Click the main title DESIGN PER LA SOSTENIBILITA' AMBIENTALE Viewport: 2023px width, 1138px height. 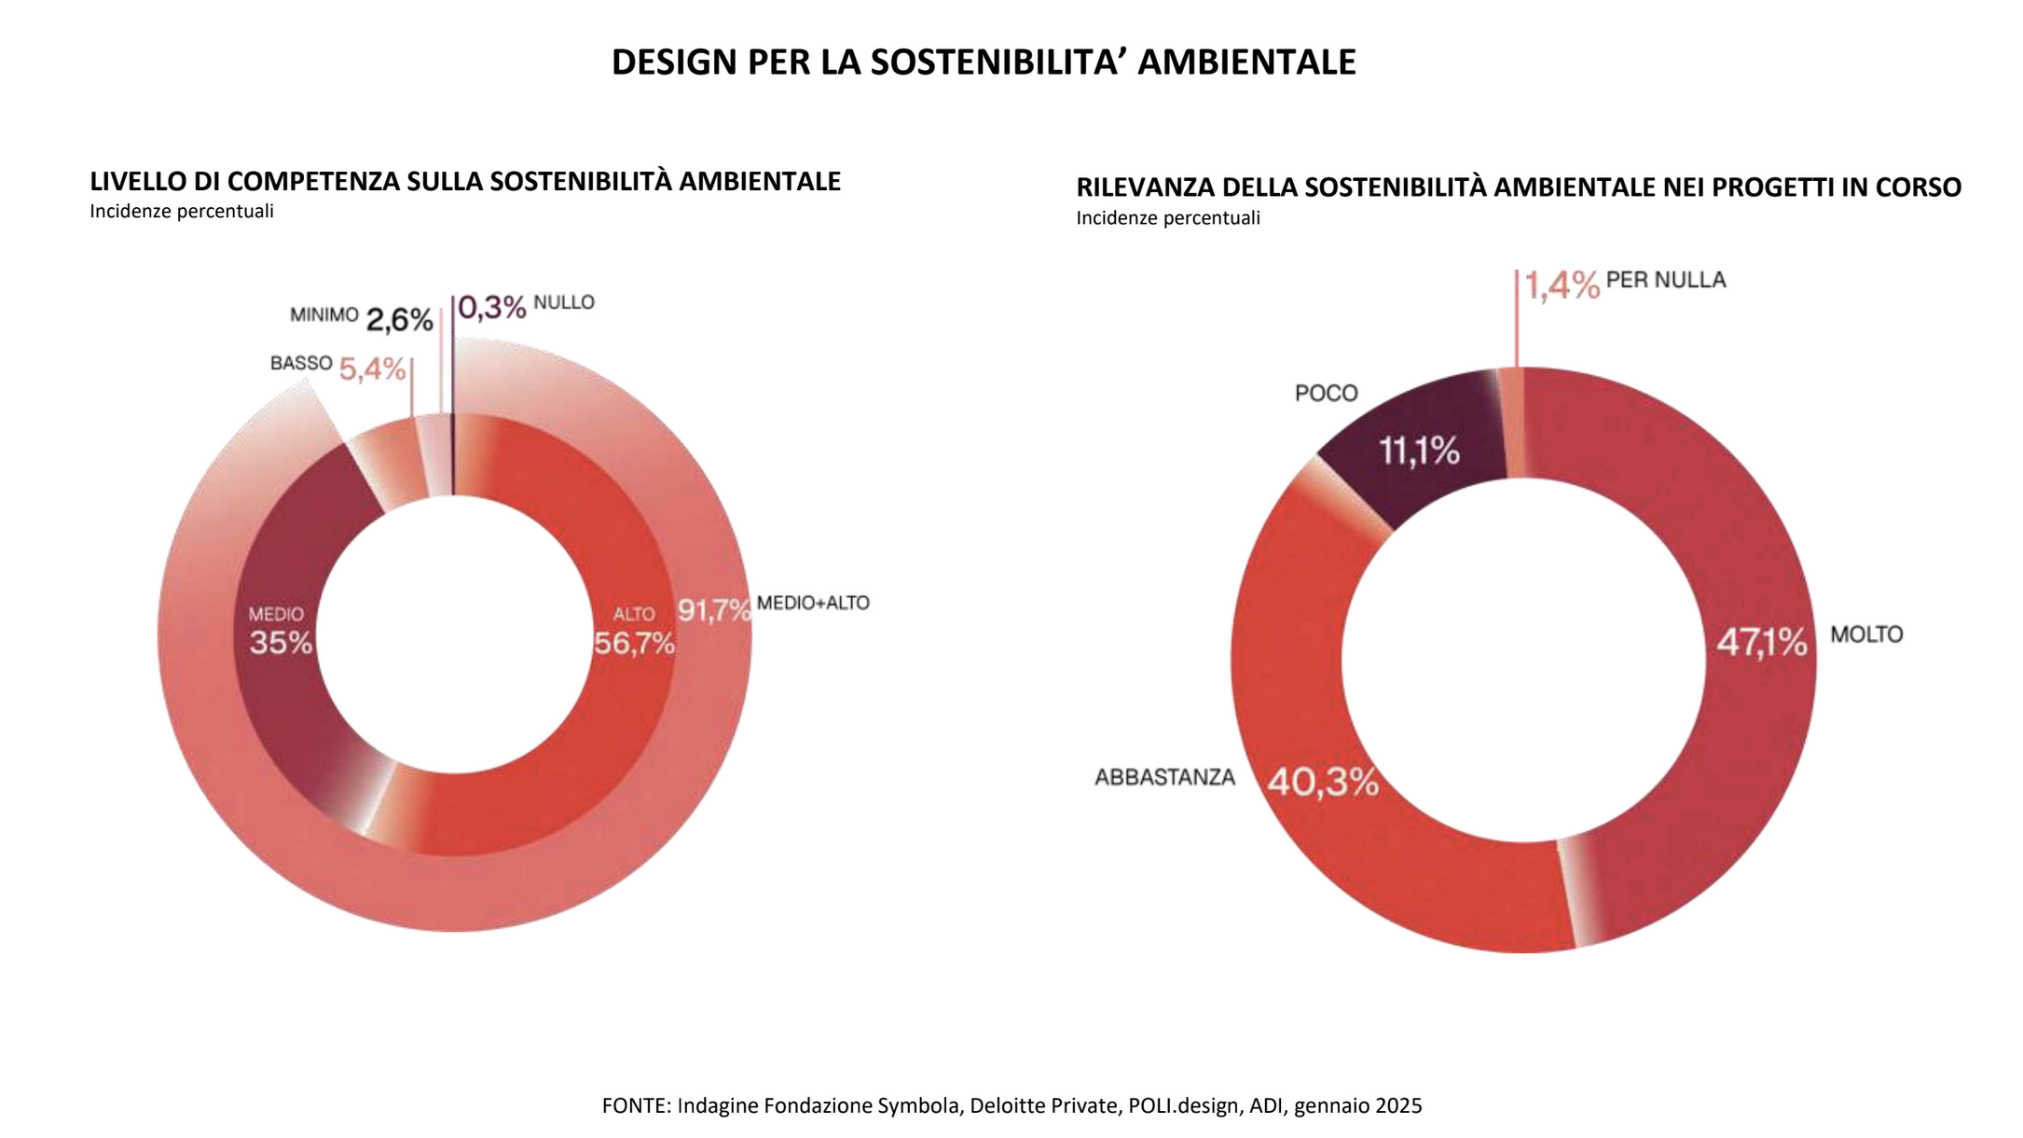pos(984,62)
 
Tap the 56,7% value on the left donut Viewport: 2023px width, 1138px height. pos(634,643)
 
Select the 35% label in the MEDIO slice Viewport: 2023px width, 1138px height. pos(280,643)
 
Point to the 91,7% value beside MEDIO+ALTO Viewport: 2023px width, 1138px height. pos(713,610)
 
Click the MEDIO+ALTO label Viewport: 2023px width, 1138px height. pos(813,604)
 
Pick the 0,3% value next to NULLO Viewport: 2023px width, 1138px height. pos(492,307)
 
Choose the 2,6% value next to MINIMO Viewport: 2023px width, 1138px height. pos(399,321)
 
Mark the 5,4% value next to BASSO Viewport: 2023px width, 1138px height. pos(372,369)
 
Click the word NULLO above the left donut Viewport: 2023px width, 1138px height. pos(564,302)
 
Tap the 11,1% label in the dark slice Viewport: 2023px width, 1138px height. pos(1419,451)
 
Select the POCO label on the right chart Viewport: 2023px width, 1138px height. pos(1326,394)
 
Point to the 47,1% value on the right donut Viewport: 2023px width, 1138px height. pos(1761,642)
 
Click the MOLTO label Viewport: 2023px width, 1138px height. pos(1866,635)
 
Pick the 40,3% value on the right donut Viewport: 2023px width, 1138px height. pos(1323,782)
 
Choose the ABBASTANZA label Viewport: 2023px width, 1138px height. pos(1164,778)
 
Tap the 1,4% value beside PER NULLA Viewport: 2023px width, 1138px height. pos(1562,285)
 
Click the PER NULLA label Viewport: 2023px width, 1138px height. pos(1666,280)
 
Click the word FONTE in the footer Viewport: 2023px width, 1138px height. pos(636,1106)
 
